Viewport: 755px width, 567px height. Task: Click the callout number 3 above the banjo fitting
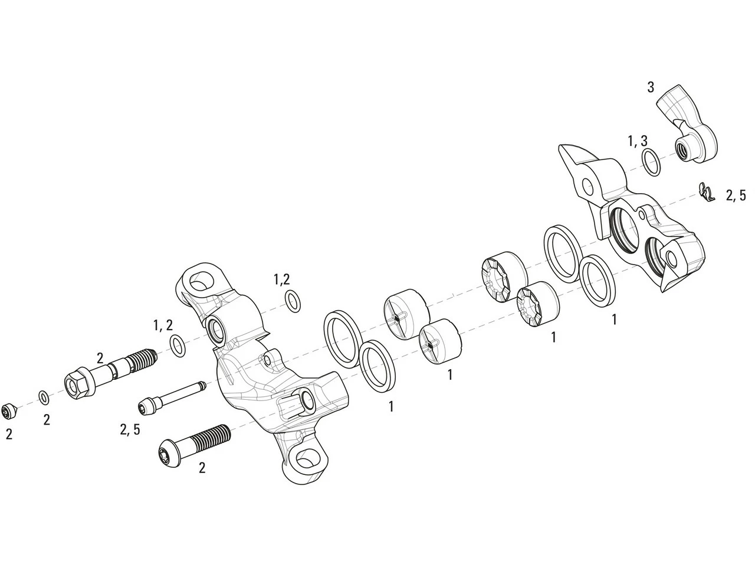click(x=650, y=87)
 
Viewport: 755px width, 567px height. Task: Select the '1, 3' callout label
click(x=637, y=141)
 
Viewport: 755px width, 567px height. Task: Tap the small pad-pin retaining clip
click(x=705, y=192)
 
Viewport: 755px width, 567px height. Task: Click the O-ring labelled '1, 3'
click(x=651, y=162)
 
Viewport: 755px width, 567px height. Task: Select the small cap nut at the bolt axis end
click(x=9, y=409)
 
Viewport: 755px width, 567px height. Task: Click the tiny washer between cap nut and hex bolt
click(x=44, y=397)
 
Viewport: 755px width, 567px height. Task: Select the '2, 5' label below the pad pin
click(x=130, y=429)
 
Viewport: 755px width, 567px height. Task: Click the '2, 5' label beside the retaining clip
click(x=735, y=195)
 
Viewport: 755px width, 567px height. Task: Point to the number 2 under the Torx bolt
click(x=202, y=468)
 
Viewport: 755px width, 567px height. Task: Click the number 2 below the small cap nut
click(x=9, y=434)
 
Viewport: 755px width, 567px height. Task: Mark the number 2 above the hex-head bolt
click(x=100, y=358)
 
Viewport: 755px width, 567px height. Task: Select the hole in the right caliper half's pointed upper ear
click(x=587, y=187)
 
